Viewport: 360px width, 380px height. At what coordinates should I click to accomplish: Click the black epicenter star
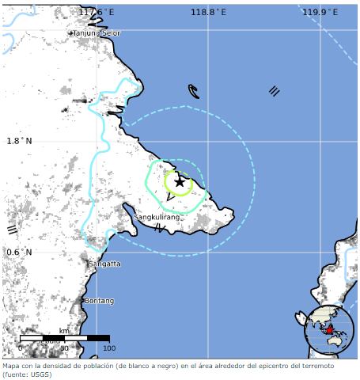coord(180,182)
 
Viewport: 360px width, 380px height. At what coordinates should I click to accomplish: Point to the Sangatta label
coord(105,263)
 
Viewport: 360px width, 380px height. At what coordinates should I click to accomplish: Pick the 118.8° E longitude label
coord(209,12)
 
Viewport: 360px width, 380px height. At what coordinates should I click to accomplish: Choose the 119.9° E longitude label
coord(320,12)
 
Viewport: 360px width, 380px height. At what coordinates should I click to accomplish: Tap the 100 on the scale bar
coord(109,348)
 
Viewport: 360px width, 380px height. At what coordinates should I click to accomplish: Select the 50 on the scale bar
coord(65,348)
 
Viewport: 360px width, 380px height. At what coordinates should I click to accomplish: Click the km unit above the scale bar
coord(64,331)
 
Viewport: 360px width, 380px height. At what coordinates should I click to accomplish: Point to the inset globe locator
coord(329,329)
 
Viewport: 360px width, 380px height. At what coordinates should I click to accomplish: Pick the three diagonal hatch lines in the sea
coord(274,91)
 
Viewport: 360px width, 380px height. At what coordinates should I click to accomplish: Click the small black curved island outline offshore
coord(194,91)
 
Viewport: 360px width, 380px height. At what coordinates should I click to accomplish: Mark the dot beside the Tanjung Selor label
coord(70,34)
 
